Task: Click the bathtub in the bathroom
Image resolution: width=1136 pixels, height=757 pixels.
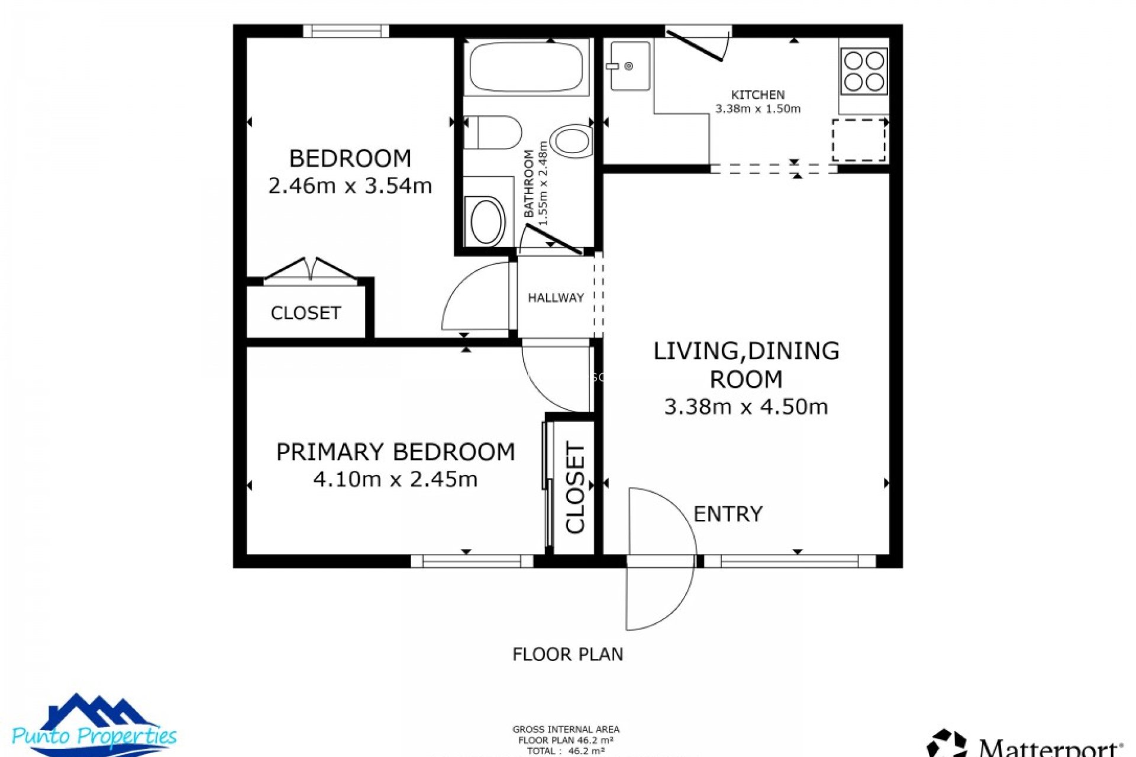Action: point(526,66)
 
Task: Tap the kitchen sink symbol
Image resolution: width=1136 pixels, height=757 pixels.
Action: point(630,66)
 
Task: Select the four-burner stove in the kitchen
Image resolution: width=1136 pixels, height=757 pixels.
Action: point(864,71)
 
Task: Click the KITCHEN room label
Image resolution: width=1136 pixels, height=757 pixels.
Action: point(757,95)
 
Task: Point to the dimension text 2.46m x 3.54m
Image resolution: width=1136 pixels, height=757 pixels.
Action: point(350,186)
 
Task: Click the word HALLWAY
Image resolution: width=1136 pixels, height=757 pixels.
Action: point(556,298)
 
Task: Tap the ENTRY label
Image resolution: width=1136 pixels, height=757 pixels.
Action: point(727,514)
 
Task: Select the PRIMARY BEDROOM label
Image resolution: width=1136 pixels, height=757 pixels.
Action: point(395,452)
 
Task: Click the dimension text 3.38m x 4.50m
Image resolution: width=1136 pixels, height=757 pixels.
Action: point(745,407)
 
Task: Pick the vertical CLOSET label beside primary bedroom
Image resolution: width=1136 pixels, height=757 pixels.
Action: point(575,487)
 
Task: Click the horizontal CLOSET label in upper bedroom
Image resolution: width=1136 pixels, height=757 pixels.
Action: point(305,313)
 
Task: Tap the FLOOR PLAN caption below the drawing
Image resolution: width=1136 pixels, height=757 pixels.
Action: point(567,654)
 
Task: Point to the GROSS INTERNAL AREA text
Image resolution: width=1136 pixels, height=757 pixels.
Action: point(566,730)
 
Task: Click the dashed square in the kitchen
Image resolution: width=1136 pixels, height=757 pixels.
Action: point(859,140)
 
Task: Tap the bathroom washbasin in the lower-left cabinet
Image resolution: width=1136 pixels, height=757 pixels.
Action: point(486,221)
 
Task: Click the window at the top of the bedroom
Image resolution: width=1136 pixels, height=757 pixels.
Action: point(346,31)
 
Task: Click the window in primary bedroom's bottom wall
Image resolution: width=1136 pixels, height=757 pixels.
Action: point(472,561)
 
